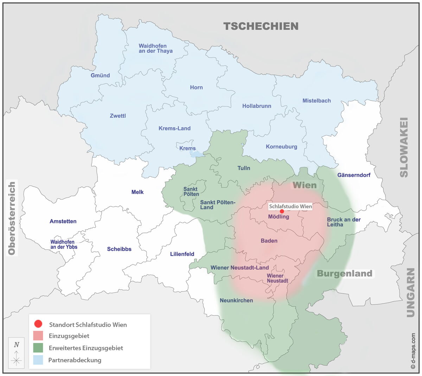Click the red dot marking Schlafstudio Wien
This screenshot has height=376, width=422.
282,211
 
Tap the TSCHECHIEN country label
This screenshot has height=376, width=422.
261,26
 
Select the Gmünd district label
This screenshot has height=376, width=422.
100,75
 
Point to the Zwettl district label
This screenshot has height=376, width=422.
117,116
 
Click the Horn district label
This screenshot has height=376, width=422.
196,87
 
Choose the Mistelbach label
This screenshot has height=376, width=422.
316,101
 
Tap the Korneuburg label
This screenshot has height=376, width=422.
281,147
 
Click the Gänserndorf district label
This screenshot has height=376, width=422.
354,175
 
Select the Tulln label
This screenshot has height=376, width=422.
244,168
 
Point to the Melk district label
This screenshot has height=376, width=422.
138,192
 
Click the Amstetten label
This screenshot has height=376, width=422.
63,221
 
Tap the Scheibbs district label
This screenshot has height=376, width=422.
119,249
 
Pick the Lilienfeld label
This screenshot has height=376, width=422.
182,254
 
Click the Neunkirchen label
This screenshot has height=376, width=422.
236,300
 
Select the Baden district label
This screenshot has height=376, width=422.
269,241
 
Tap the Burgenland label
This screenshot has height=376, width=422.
344,274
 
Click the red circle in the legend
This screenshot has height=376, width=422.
38,324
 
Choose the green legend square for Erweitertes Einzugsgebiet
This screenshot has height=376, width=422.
38,348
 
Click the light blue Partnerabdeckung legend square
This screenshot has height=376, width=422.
38,360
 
